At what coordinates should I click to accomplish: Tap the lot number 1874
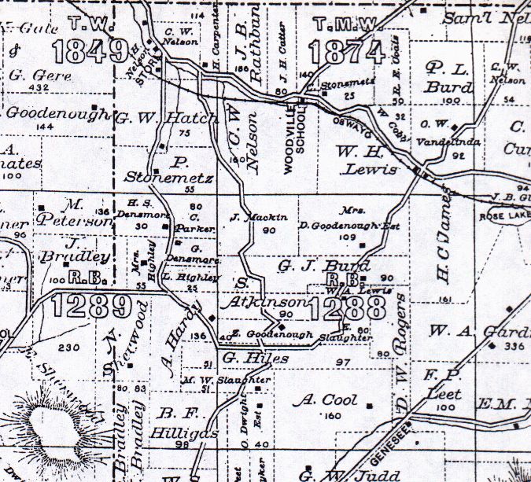[x=345, y=53]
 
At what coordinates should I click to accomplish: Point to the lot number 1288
[x=342, y=307]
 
